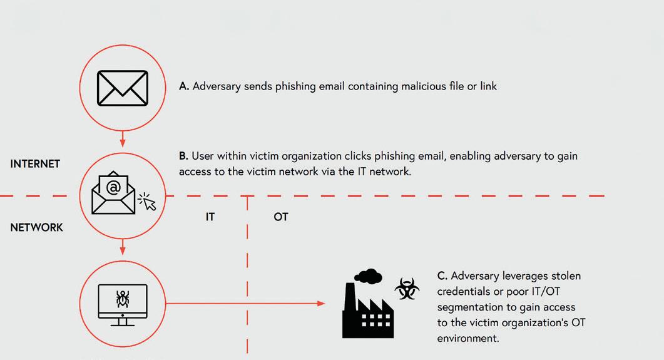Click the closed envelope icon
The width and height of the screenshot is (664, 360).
pyautogui.click(x=123, y=88)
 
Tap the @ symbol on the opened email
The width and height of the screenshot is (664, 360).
pyautogui.click(x=113, y=187)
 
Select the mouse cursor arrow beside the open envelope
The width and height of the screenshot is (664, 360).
pyautogui.click(x=148, y=202)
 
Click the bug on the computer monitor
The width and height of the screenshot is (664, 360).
pyautogui.click(x=123, y=298)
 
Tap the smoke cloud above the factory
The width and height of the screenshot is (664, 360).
pyautogui.click(x=367, y=275)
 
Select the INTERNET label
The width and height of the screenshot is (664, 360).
pyautogui.click(x=35, y=164)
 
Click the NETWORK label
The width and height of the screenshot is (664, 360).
pyautogui.click(x=36, y=227)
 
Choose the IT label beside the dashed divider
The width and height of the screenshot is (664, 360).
pyautogui.click(x=210, y=217)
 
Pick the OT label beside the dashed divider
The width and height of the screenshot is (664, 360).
pyautogui.click(x=281, y=217)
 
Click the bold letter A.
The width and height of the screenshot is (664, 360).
pyautogui.click(x=183, y=86)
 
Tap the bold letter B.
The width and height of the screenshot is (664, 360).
pyautogui.click(x=183, y=156)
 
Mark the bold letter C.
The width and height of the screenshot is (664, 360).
pyautogui.click(x=442, y=276)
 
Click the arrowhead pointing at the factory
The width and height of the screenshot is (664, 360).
pyautogui.click(x=322, y=304)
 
